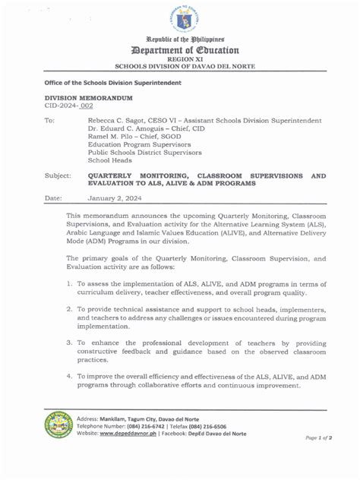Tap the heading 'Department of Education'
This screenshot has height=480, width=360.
coord(186,50)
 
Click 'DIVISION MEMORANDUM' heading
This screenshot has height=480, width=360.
coord(78,99)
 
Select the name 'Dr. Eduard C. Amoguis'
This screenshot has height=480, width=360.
coord(128,130)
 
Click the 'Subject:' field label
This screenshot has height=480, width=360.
coord(58,175)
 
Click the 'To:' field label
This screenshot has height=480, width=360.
coord(49,121)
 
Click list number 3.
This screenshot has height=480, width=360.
coord(69,343)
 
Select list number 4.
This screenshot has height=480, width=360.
coord(69,376)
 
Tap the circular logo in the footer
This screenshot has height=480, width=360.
coord(58,425)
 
